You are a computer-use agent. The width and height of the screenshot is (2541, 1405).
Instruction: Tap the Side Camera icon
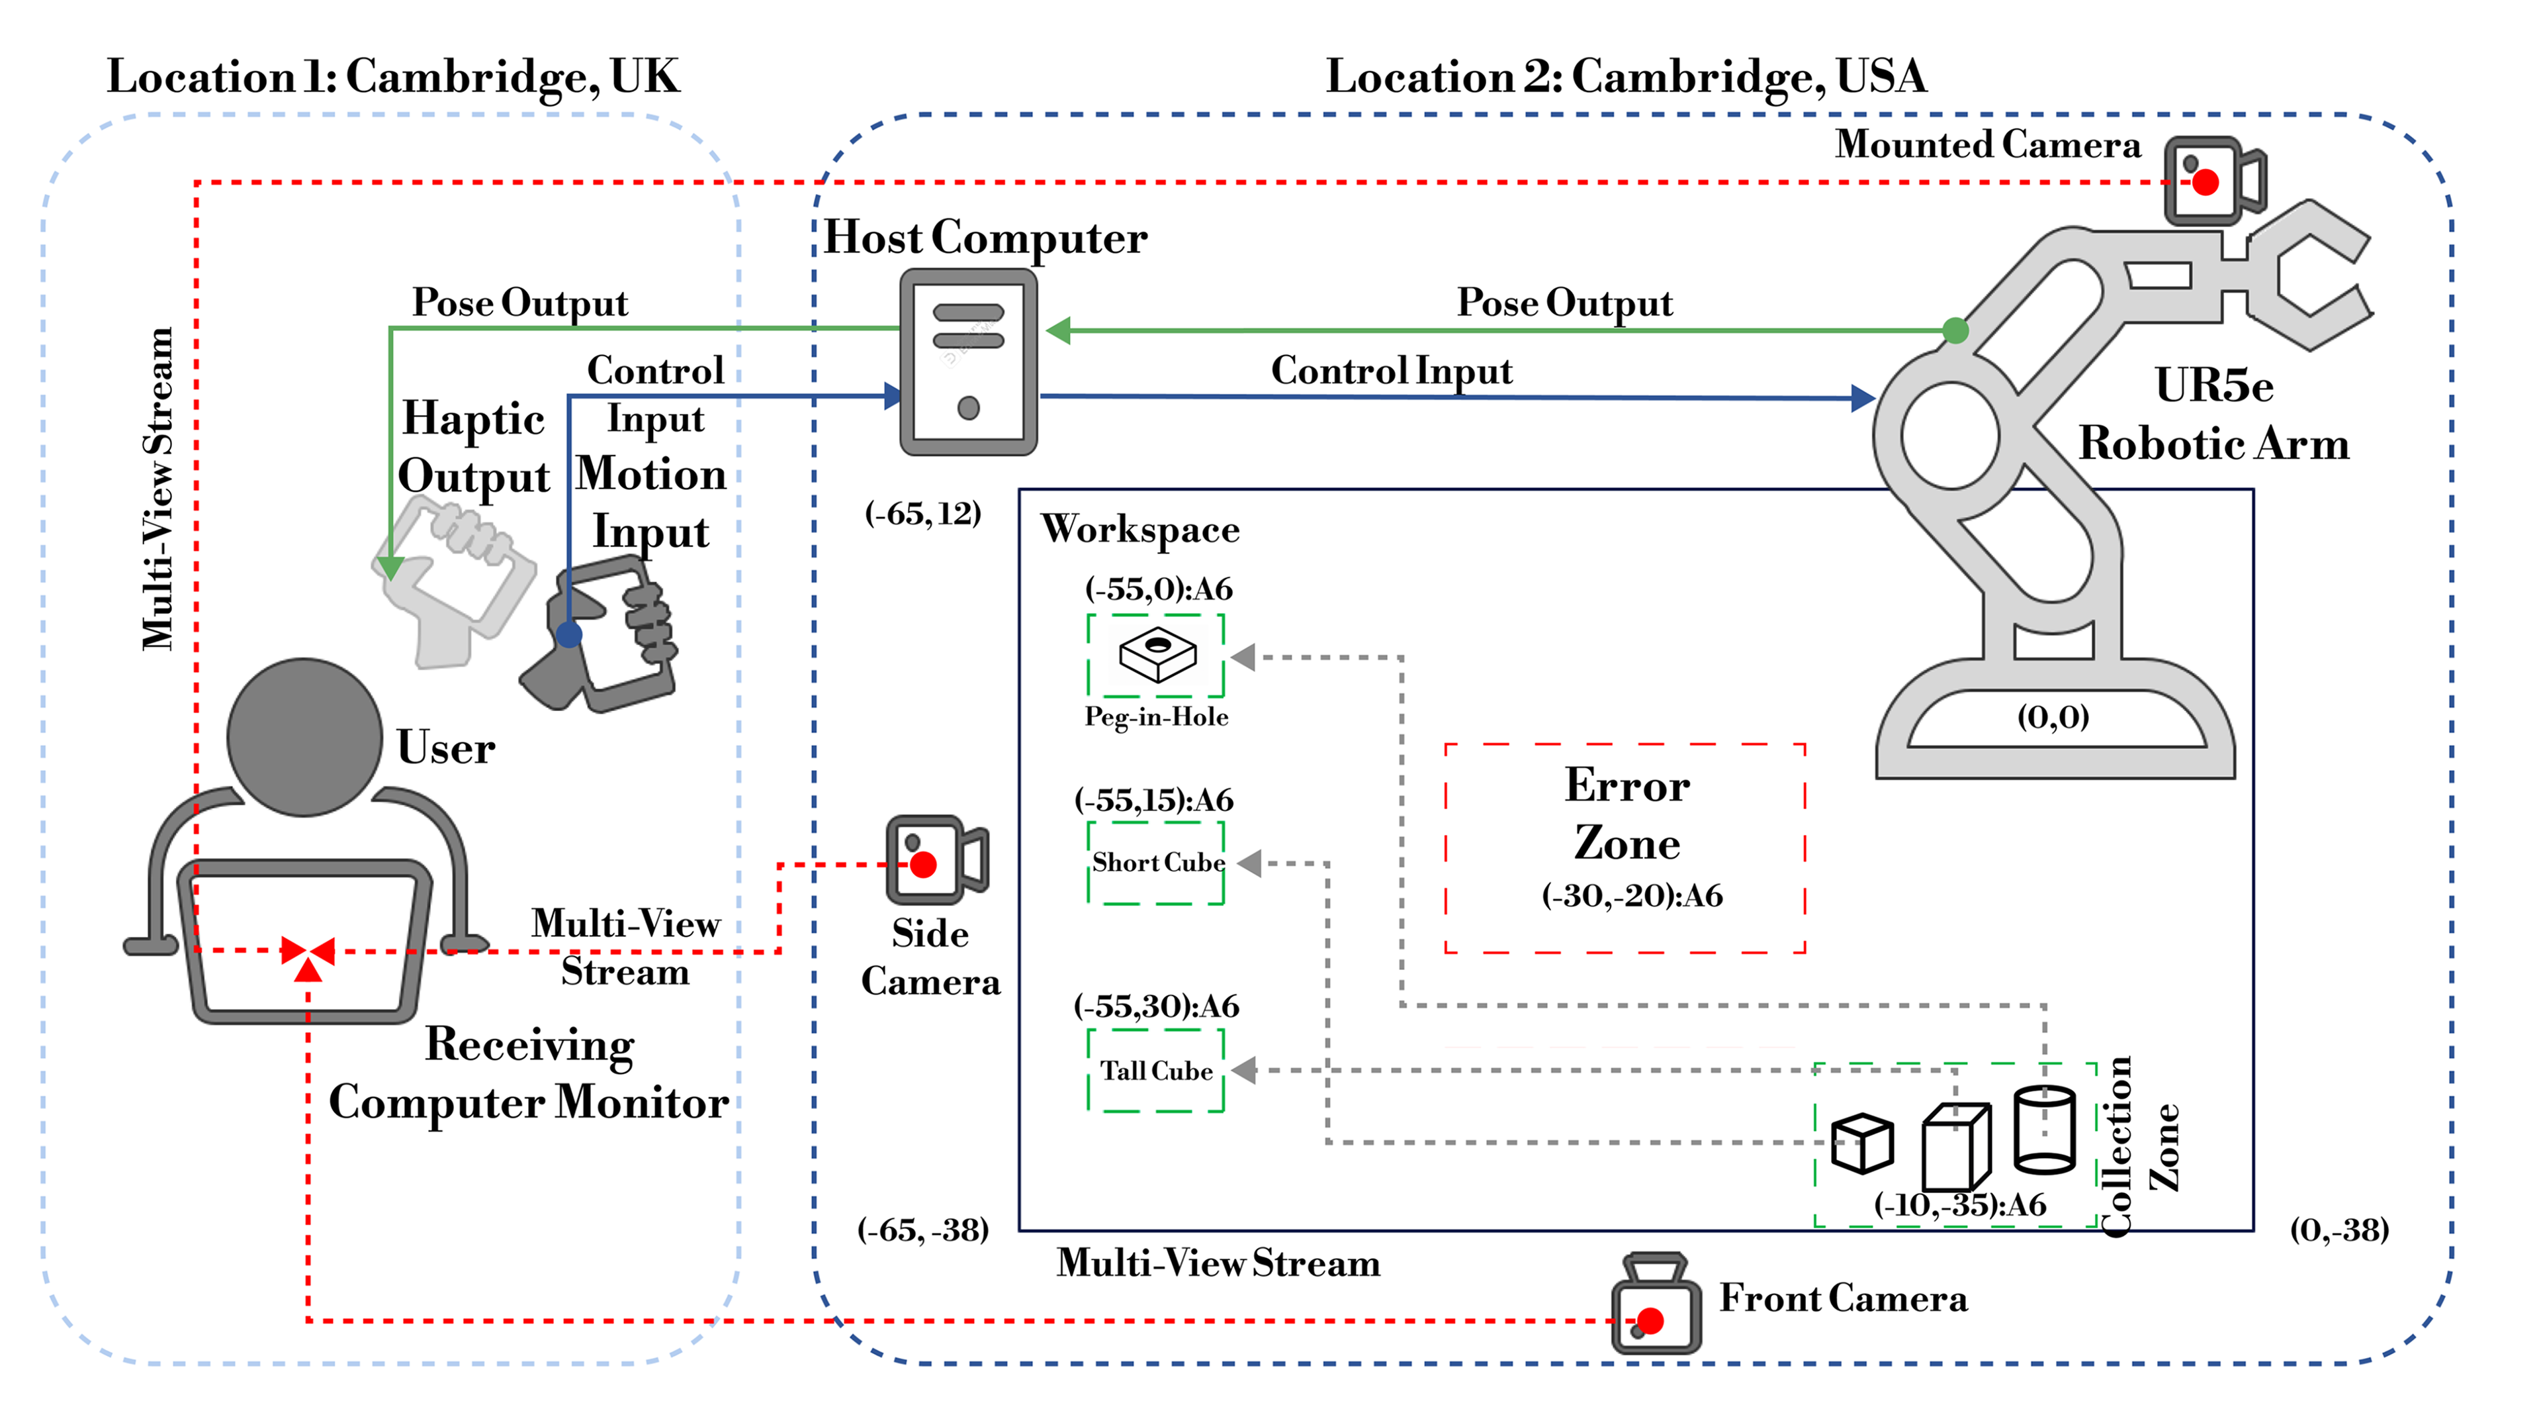[x=935, y=859]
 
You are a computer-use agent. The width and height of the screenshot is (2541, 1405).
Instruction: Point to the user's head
[x=304, y=736]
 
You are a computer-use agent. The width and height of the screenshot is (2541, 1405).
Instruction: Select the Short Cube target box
[x=1156, y=863]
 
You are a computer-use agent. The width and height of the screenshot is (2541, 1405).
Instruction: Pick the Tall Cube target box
[x=1156, y=1071]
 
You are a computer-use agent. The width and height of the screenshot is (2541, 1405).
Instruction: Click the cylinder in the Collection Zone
[x=2044, y=1129]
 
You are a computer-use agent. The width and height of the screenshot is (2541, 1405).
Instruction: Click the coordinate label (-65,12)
[x=922, y=513]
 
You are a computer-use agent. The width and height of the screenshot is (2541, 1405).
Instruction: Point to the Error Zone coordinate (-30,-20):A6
[x=1632, y=895]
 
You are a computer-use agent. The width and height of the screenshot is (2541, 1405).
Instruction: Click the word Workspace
[x=1139, y=530]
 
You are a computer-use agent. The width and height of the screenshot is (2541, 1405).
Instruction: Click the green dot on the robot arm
[x=1955, y=330]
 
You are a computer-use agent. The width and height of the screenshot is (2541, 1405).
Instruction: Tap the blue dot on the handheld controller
[x=569, y=634]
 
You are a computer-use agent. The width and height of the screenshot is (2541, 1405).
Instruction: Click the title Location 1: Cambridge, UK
[x=392, y=77]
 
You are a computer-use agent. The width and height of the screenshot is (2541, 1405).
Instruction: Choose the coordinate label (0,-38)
[x=2339, y=1230]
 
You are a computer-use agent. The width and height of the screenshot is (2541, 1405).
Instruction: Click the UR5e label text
[x=2213, y=385]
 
